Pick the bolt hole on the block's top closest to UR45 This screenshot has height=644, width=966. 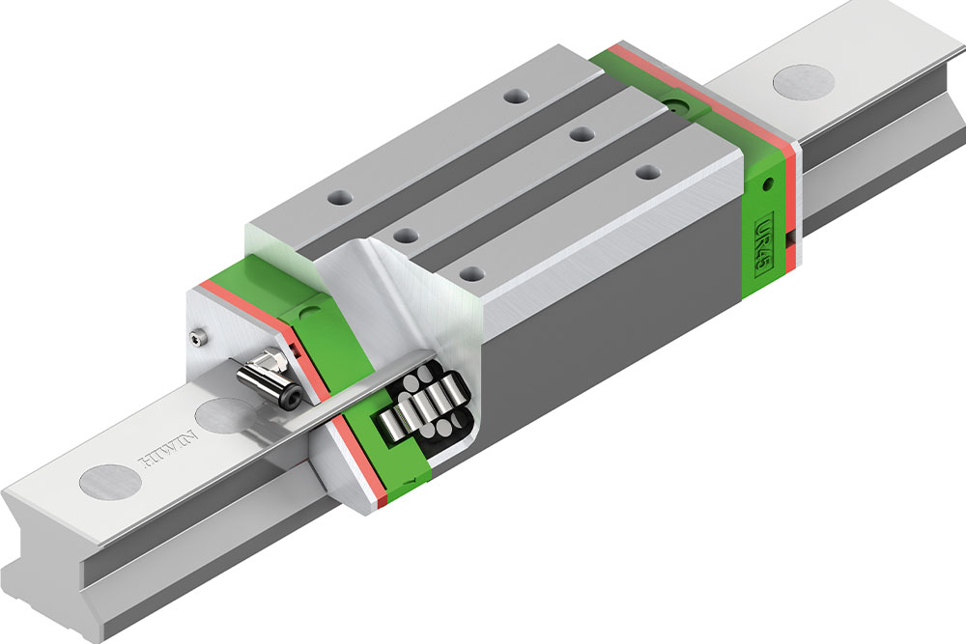point(643,172)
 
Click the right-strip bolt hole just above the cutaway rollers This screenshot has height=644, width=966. point(470,271)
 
